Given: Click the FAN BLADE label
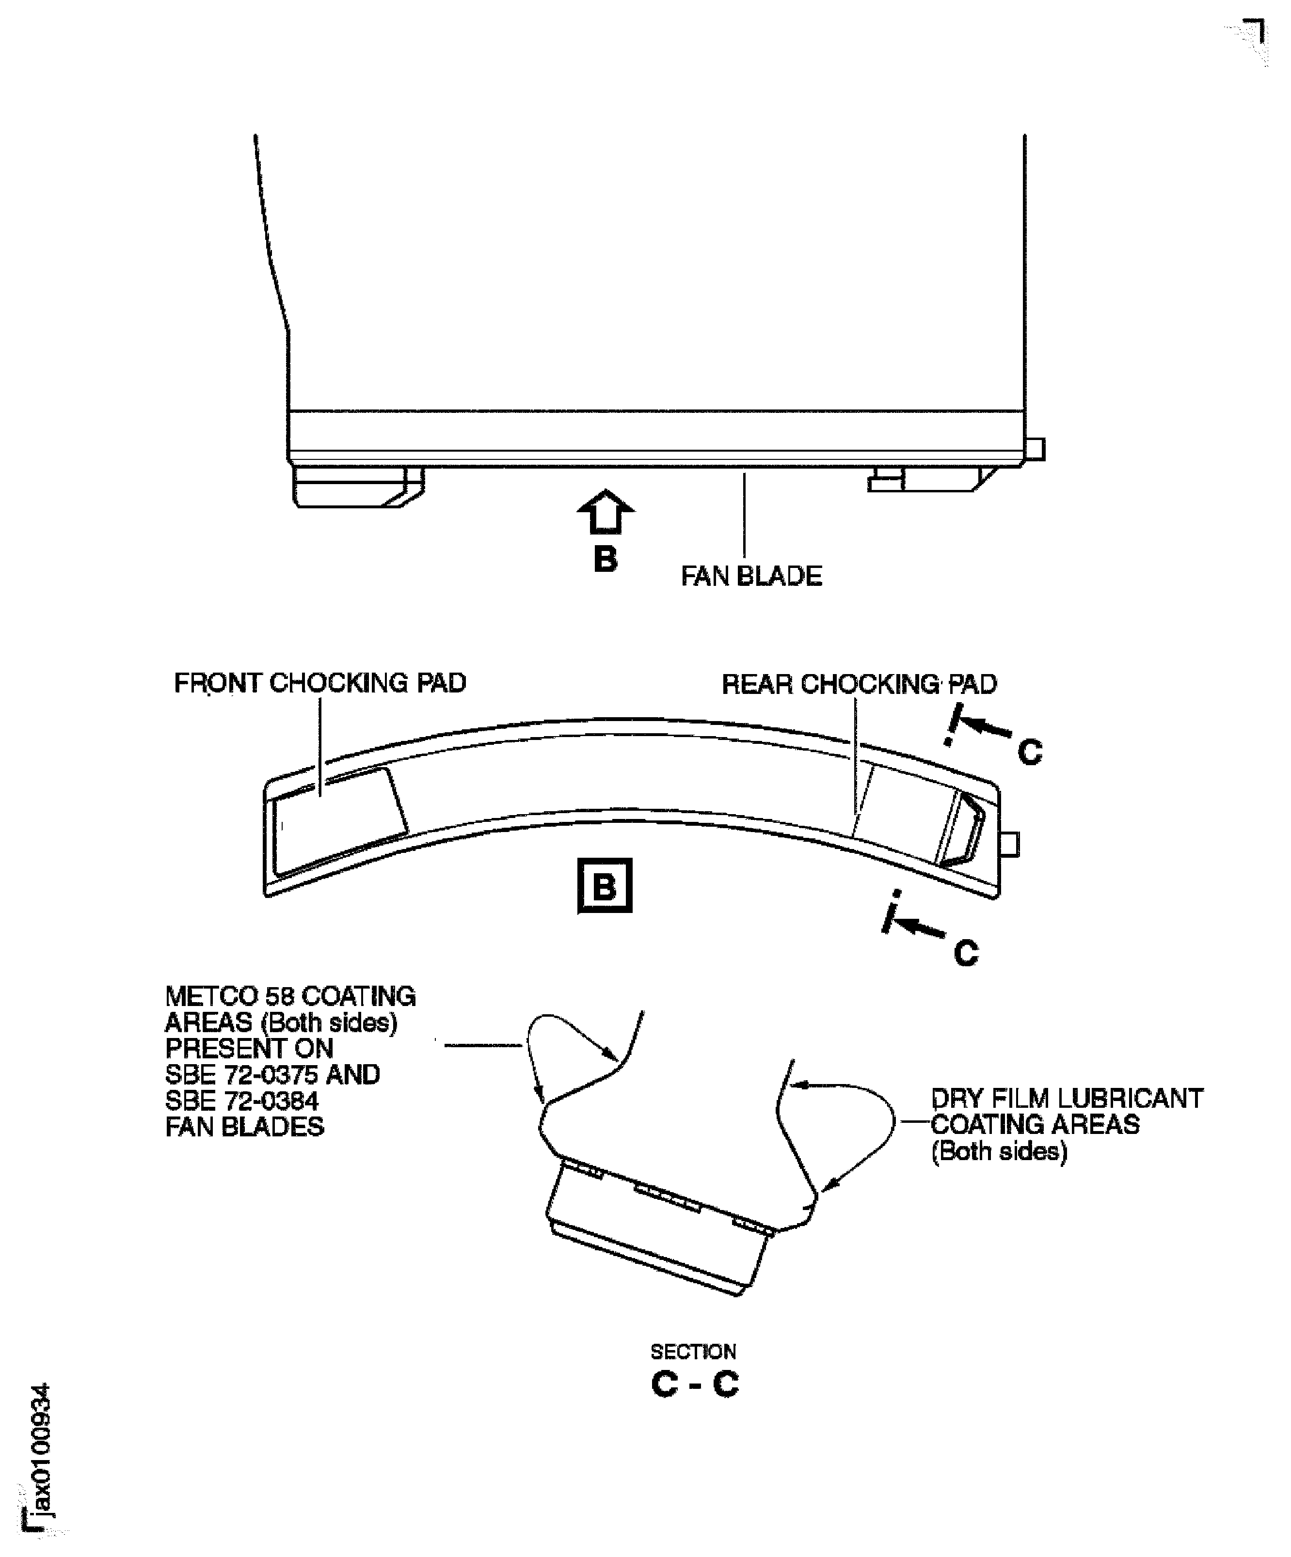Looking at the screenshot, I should click(751, 576).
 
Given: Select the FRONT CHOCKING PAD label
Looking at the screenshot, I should click(319, 683).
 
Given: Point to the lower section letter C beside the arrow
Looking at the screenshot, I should click(966, 953).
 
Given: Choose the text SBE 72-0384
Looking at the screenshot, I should click(242, 1101).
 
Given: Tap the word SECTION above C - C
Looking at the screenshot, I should click(693, 1352).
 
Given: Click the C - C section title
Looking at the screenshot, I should click(695, 1384).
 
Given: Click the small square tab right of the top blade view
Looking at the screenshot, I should click(1035, 449).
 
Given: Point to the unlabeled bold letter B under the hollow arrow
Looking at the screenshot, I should click(605, 559).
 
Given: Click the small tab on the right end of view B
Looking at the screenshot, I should click(1009, 844).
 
